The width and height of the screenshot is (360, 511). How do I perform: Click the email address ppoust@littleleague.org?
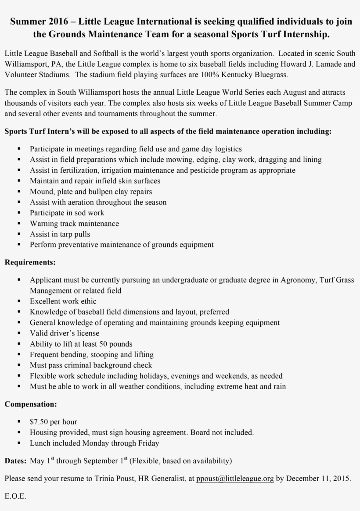point(235,479)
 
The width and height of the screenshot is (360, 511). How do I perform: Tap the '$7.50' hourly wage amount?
point(39,422)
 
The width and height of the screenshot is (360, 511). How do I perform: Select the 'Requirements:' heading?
point(30,263)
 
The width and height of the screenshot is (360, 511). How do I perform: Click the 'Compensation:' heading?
point(31,404)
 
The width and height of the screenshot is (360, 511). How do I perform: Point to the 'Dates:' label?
point(16,461)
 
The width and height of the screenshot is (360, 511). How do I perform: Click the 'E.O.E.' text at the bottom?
point(15,496)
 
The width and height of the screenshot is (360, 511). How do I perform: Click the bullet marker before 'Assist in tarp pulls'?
point(19,234)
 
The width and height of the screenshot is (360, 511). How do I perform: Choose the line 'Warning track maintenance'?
point(74,223)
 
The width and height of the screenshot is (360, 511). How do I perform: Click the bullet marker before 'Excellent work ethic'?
point(19,301)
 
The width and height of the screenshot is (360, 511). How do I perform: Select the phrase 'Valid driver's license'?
point(65,333)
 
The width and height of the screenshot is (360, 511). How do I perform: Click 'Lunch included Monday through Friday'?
point(94,443)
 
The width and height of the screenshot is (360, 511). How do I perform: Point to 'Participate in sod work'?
point(67,213)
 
